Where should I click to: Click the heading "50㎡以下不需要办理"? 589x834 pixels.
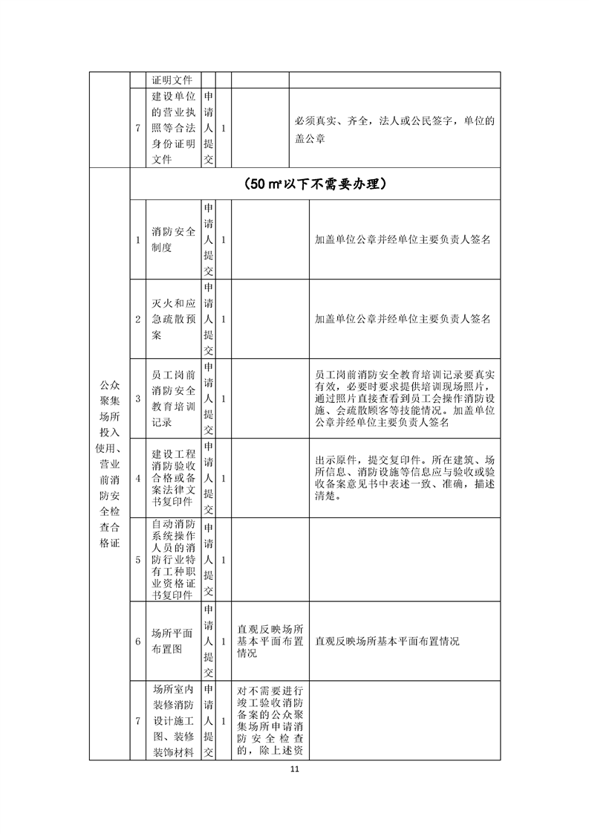[316, 184]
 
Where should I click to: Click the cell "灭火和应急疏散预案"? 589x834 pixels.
[173, 319]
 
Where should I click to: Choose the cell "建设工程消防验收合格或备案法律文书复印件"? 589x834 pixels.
[173, 478]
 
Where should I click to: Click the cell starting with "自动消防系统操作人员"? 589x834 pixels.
[173, 558]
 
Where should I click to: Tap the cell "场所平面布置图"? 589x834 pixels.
[173, 641]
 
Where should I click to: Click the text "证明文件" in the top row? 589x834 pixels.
[172, 80]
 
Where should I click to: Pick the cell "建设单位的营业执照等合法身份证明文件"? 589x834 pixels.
[173, 128]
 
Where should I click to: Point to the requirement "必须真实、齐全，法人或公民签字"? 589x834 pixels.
[394, 128]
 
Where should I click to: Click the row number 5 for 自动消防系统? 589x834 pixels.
[137, 559]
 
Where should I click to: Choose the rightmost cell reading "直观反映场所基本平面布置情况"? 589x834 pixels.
[387, 641]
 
